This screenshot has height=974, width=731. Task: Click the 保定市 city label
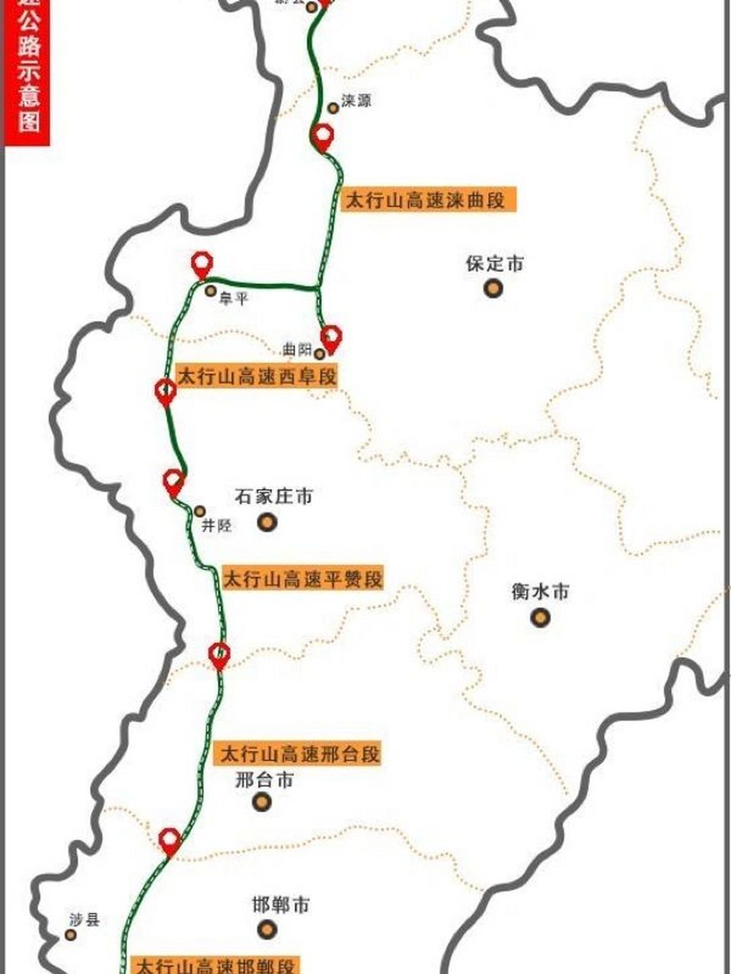[x=495, y=264]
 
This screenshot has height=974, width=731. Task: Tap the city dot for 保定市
[x=494, y=288]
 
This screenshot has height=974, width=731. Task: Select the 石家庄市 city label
[x=273, y=497]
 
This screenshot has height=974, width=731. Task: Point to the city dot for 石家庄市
[x=267, y=522]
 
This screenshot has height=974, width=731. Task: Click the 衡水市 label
[x=540, y=591]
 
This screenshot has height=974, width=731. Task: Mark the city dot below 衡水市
[x=540, y=616]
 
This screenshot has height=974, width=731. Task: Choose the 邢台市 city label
[x=264, y=780]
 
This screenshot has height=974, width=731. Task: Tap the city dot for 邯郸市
[x=267, y=928]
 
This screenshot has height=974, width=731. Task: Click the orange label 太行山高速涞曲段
[x=426, y=201]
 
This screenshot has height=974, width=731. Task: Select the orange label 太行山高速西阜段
[x=256, y=376]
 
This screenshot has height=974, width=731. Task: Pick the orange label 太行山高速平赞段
[x=302, y=578]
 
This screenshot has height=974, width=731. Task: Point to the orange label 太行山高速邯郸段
[x=215, y=966]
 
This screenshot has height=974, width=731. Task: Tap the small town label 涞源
[x=356, y=100]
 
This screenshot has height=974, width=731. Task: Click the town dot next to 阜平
[x=211, y=291]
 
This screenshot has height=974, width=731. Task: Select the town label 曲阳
[x=296, y=350]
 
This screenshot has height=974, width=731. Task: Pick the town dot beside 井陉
[x=200, y=511]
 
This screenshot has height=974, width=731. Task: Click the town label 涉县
[x=84, y=919]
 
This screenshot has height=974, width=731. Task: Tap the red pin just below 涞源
[x=323, y=138]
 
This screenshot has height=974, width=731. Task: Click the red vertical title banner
[x=28, y=72]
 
